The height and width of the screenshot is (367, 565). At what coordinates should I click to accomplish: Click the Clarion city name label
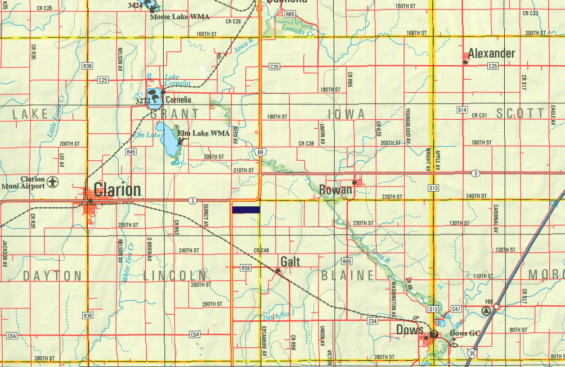pyautogui.click(x=118, y=189)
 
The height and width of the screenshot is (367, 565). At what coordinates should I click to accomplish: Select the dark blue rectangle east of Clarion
pyautogui.click(x=245, y=210)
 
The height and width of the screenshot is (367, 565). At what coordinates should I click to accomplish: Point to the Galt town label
pyautogui.click(x=290, y=262)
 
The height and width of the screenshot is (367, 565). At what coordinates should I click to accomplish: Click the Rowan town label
pyautogui.click(x=335, y=190)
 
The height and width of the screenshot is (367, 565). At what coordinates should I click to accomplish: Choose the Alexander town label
pyautogui.click(x=491, y=54)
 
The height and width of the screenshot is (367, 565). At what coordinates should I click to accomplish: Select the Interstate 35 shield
pyautogui.click(x=472, y=352)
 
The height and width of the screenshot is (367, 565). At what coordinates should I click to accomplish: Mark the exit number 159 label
pyautogui.click(x=488, y=302)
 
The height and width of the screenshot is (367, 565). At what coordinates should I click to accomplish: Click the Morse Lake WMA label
pyautogui.click(x=180, y=17)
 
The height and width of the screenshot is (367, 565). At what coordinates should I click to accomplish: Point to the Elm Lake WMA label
pyautogui.click(x=203, y=133)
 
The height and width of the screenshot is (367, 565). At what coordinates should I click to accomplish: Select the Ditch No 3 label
pyautogui.click(x=279, y=315)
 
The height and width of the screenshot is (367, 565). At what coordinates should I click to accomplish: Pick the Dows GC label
pyautogui.click(x=465, y=333)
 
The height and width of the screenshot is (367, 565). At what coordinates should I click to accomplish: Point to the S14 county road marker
pyautogui.click(x=463, y=110)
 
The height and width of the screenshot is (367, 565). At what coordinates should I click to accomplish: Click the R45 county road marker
pyautogui.click(x=131, y=152)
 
